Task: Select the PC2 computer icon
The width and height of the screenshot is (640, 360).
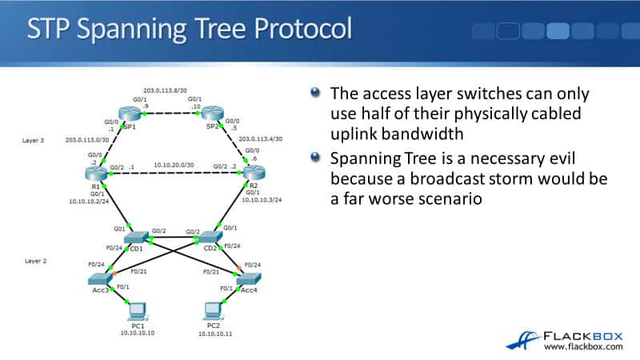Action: pos(214,309)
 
